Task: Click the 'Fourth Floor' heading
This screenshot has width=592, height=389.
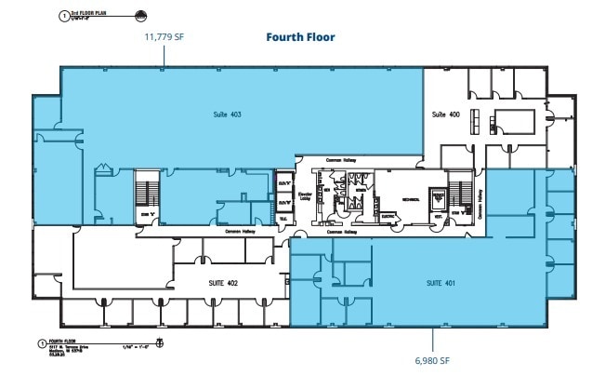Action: [300, 37]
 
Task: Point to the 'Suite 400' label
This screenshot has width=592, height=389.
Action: [445, 114]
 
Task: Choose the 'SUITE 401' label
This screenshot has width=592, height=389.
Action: [440, 282]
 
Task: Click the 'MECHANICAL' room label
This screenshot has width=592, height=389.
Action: [411, 197]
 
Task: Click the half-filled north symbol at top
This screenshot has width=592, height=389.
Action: [139, 14]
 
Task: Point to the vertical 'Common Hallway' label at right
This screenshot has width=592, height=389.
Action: [480, 204]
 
